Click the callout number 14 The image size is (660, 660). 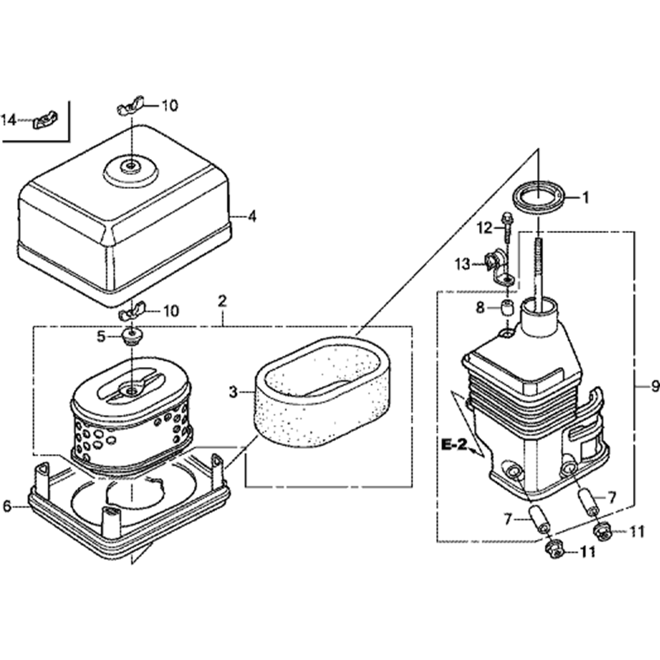point(9,120)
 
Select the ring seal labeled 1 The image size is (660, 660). point(539,197)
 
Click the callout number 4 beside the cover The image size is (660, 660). point(251,216)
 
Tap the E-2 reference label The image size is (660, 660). point(455,446)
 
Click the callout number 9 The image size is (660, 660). point(654,387)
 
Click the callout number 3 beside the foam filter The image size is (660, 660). point(233,393)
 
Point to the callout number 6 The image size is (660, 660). point(7,506)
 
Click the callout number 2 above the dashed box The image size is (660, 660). point(222,302)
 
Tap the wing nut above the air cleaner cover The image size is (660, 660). point(132,108)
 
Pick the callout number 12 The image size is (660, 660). point(485,228)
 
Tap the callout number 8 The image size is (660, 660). point(480,308)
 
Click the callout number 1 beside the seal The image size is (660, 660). point(584,196)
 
